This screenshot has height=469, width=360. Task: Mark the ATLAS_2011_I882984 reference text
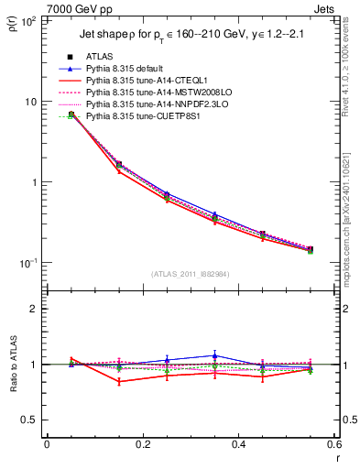191,274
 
